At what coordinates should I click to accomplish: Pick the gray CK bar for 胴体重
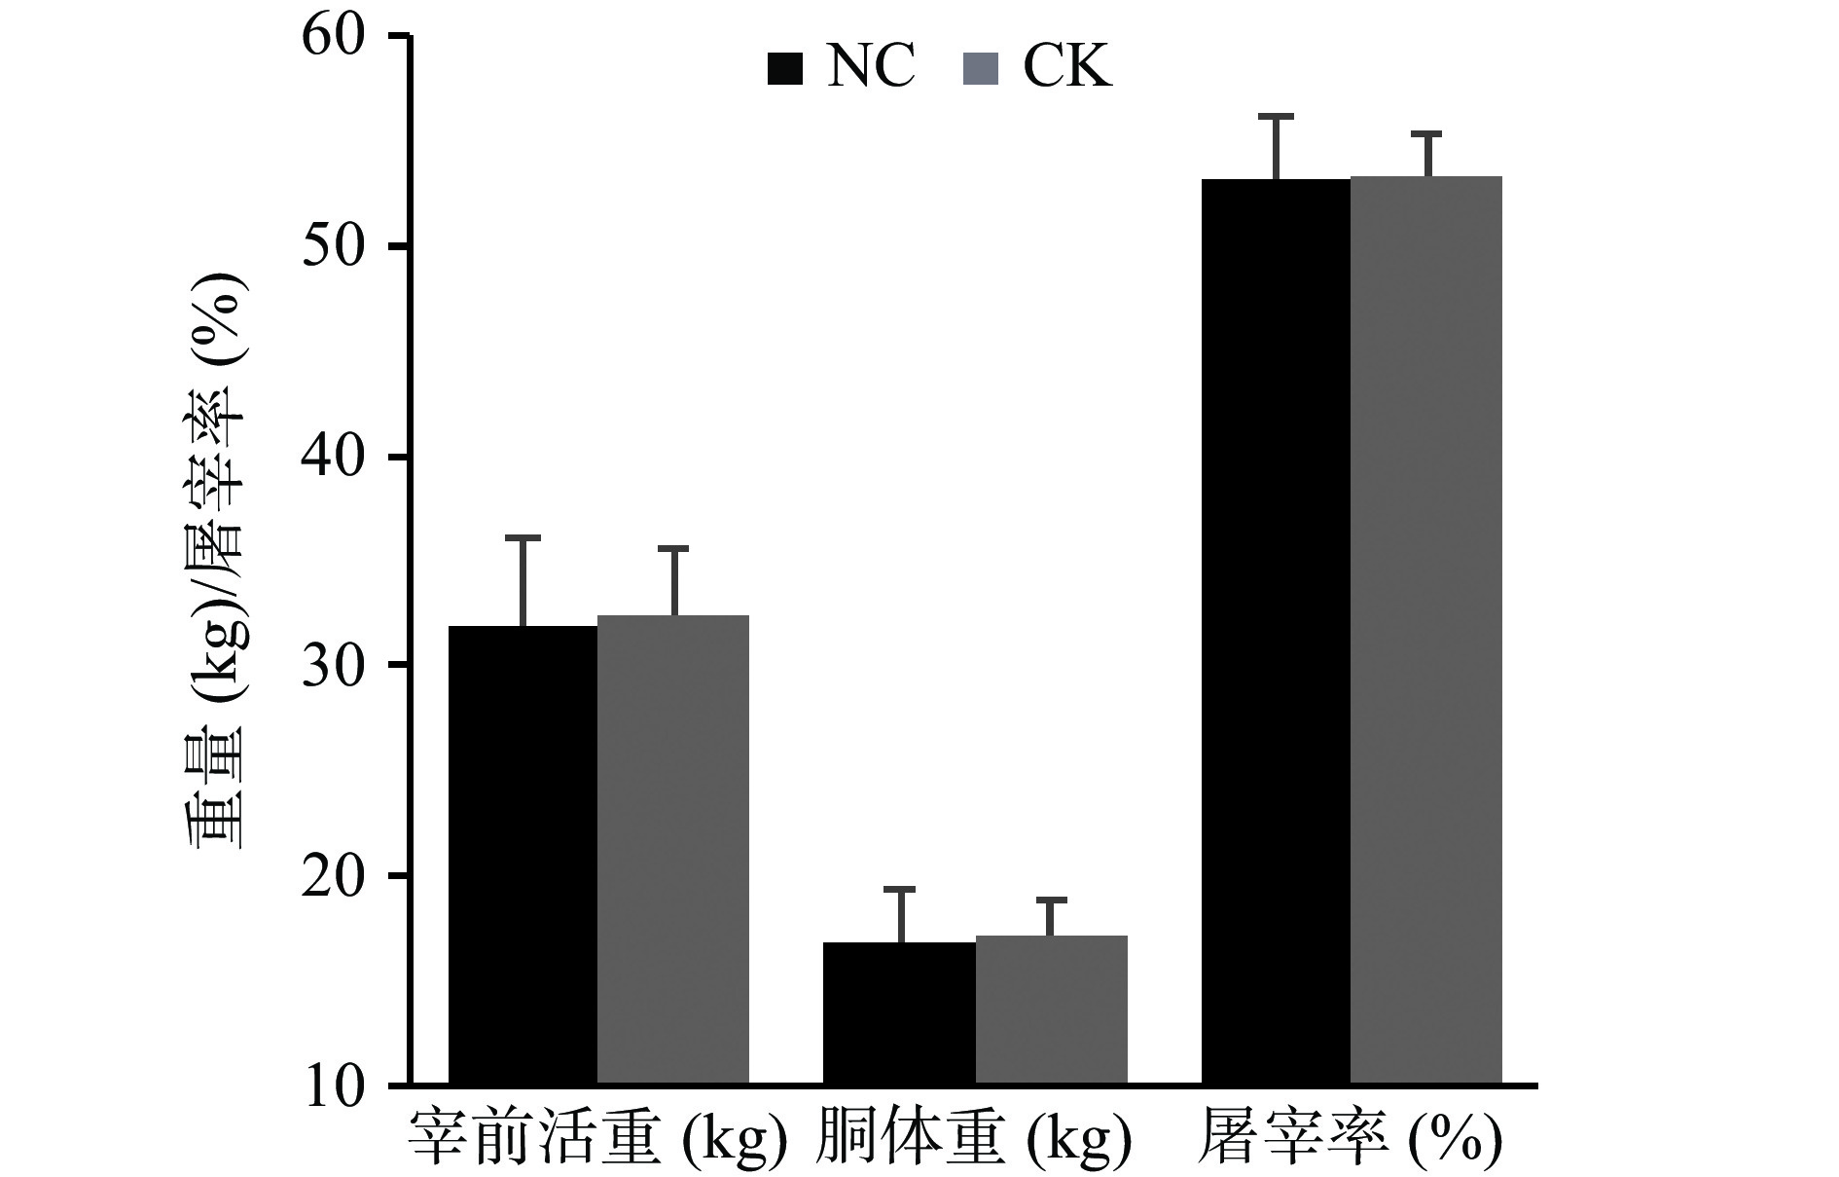pos(1051,1010)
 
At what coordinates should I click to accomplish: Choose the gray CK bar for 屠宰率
pos(1426,630)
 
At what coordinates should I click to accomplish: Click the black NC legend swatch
pos(785,69)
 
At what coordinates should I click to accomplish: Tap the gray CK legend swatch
pos(980,69)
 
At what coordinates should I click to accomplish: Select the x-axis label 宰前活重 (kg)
pos(596,1137)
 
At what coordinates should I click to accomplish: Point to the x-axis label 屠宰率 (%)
pos(1350,1137)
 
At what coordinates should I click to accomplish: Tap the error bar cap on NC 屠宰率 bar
pos(1276,117)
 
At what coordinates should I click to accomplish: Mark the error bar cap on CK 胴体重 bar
pos(1051,900)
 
